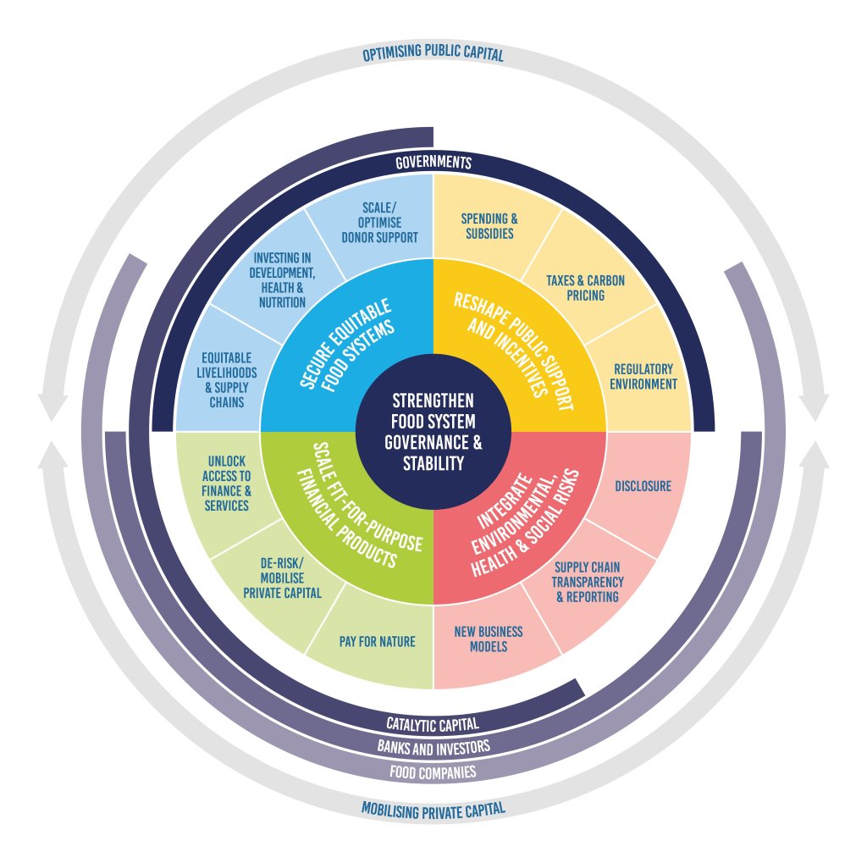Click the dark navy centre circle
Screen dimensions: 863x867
tap(433, 432)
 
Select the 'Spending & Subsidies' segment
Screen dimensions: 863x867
tap(489, 225)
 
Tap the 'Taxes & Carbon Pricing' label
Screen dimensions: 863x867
tap(575, 288)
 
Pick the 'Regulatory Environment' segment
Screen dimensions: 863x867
tap(643, 377)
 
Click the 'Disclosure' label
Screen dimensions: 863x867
tap(643, 486)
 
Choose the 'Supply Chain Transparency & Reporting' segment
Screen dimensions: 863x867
tap(588, 583)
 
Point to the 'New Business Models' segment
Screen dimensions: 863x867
tap(489, 639)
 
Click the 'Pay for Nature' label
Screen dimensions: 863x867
tap(377, 641)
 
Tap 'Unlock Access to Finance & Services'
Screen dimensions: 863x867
tap(226, 483)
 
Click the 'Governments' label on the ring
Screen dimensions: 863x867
tap(433, 162)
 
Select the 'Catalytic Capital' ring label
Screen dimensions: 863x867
tap(433, 724)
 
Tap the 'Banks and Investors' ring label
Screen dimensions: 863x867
tap(433, 747)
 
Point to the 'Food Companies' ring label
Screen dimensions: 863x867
tap(433, 772)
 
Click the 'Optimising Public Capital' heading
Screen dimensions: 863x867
tap(433, 55)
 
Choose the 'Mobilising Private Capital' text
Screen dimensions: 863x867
tap(433, 809)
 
